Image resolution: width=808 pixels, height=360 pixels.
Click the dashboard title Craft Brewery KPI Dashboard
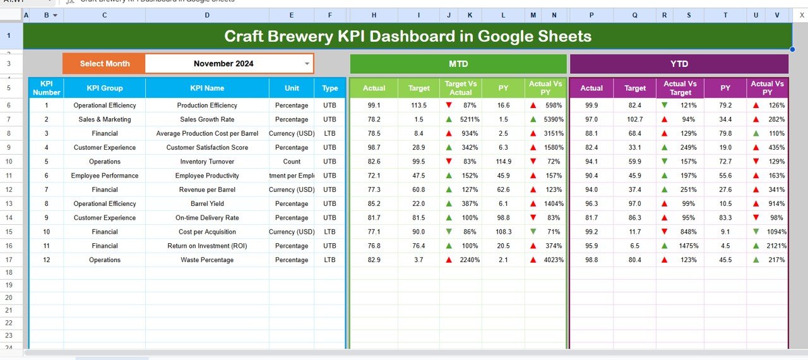pyautogui.click(x=408, y=36)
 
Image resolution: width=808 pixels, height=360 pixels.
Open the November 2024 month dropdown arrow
pyautogui.click(x=307, y=64)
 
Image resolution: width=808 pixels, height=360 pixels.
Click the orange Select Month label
pyautogui.click(x=105, y=64)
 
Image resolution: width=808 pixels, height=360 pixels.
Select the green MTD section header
pyautogui.click(x=458, y=64)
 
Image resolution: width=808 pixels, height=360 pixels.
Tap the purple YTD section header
pyautogui.click(x=679, y=64)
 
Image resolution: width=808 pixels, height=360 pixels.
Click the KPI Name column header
pyautogui.click(x=207, y=88)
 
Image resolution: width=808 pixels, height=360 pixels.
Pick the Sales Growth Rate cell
pyautogui.click(x=207, y=119)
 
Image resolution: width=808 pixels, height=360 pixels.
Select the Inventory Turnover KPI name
pyautogui.click(x=207, y=162)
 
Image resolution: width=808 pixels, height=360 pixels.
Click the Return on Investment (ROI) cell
pyautogui.click(x=207, y=246)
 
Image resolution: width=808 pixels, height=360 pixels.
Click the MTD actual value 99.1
pyautogui.click(x=374, y=105)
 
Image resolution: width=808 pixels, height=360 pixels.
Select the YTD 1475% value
pyautogui.click(x=688, y=246)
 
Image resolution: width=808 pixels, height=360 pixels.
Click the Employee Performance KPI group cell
pyautogui.click(x=105, y=176)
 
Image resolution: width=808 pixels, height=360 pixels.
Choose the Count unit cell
pyautogui.click(x=292, y=162)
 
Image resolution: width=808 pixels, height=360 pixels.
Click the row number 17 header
pyautogui.click(x=9, y=260)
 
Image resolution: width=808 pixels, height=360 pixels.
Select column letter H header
pyautogui.click(x=374, y=15)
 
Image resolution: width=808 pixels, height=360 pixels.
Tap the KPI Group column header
pyautogui.click(x=105, y=88)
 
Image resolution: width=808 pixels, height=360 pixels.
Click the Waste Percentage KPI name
pyautogui.click(x=207, y=260)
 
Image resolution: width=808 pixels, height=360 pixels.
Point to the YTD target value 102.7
pyautogui.click(x=635, y=119)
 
